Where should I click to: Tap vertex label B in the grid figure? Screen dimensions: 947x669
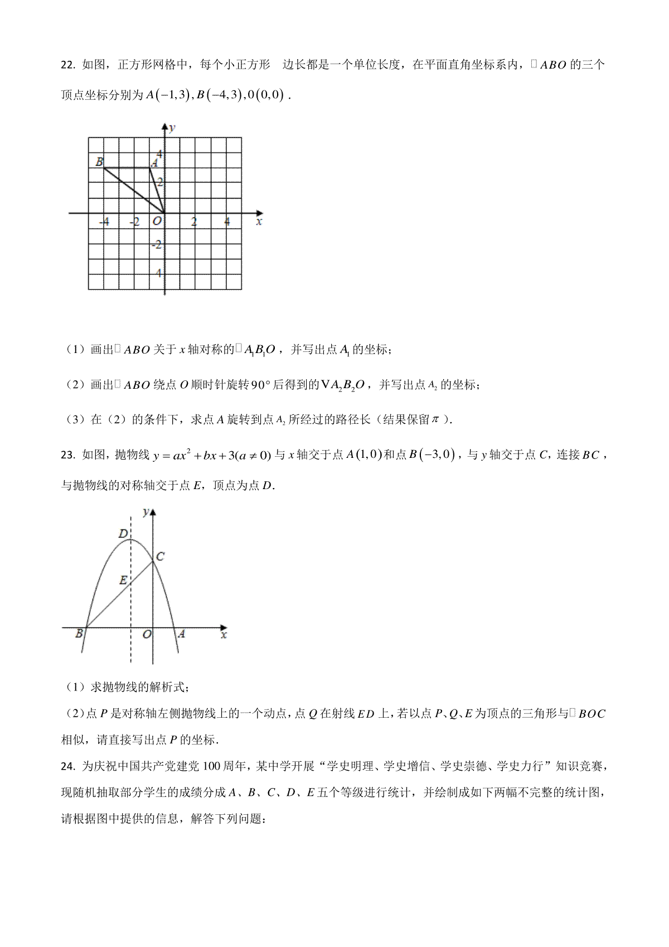[x=99, y=162]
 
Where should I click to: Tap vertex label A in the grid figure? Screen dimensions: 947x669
[x=155, y=163]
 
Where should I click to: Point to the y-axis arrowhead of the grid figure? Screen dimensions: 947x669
[x=165, y=127]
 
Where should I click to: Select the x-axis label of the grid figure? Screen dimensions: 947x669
[x=259, y=222]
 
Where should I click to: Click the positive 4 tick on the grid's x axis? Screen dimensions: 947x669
[x=227, y=222]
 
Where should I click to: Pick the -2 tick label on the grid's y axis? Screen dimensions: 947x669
[x=158, y=244]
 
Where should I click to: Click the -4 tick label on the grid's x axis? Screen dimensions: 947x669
[x=104, y=222]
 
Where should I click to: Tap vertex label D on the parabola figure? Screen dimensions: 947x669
[x=123, y=534]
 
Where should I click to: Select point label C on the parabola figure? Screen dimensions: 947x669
[x=160, y=556]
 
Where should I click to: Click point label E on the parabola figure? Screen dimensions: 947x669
[x=123, y=580]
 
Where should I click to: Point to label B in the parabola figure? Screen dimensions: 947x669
[x=79, y=634]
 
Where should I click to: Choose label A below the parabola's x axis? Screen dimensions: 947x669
[x=181, y=634]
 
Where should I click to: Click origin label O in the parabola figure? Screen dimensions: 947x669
[x=147, y=634]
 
